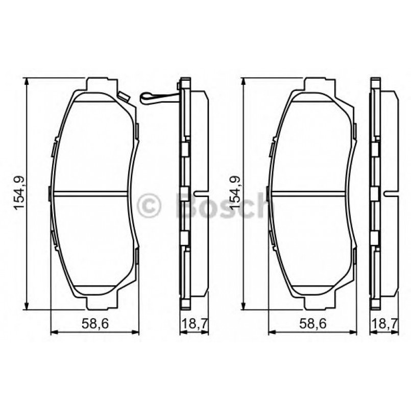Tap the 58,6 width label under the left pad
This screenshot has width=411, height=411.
[x=94, y=322]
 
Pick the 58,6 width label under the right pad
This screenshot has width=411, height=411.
[x=312, y=322]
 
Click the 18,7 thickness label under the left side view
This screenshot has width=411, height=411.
[x=194, y=322]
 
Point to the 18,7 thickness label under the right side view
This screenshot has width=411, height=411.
[x=384, y=322]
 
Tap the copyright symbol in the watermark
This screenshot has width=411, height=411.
[x=150, y=205]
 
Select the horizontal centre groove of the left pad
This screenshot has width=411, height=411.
[x=90, y=193]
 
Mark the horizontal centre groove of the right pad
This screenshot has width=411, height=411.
[x=308, y=193]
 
